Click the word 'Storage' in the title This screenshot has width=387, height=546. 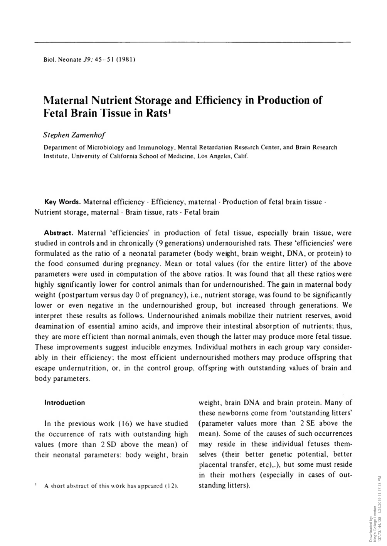tap(153, 101)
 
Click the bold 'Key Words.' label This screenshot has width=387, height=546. tap(62, 202)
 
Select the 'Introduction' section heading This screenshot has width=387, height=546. tap(65, 403)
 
